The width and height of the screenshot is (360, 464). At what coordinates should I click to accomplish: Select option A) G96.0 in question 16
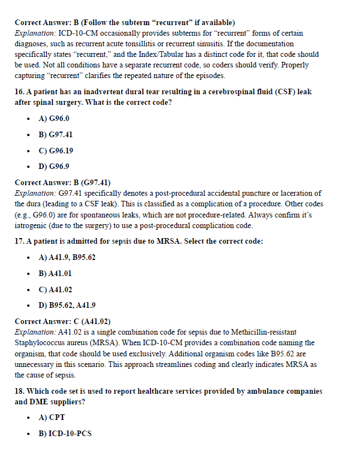[x=53, y=118]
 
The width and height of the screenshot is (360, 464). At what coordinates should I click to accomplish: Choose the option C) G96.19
[x=56, y=151]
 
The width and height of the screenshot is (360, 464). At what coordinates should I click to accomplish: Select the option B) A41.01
[x=55, y=274]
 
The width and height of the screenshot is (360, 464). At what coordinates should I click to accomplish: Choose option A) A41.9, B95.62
[x=67, y=258]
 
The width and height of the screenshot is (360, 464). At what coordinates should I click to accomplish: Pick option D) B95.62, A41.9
[x=67, y=306]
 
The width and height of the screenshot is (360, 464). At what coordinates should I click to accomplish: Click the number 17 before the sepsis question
[x=19, y=241]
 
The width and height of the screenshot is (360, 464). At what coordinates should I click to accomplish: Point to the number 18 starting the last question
[x=19, y=391]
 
